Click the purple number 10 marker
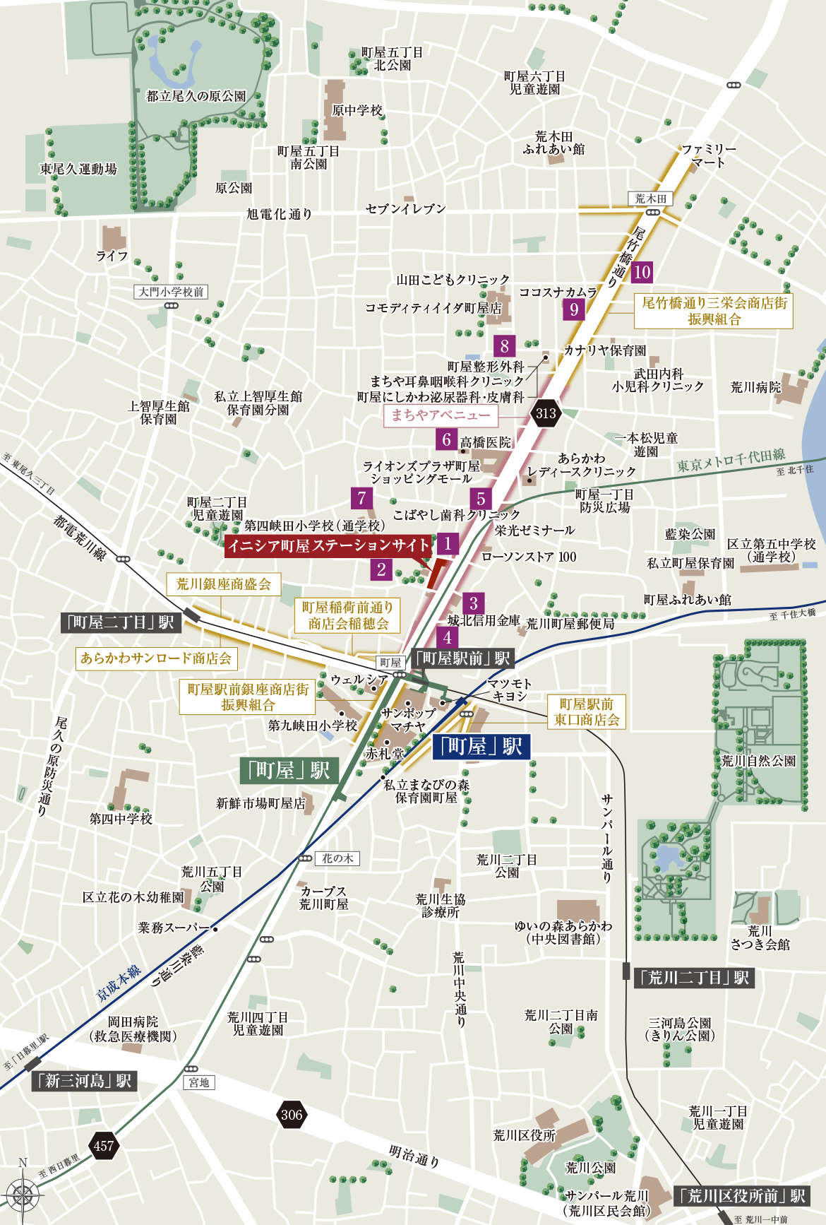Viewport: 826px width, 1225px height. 641,272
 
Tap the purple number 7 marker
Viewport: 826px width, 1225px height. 361,498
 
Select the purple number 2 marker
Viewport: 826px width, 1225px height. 381,569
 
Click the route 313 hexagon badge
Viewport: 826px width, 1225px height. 546,414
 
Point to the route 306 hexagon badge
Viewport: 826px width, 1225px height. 291,1115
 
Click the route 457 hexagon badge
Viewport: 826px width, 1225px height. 104,1146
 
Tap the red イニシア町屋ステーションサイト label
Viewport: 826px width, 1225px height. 328,545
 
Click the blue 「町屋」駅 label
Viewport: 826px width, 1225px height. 480,747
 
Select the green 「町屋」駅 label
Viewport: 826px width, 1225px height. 289,770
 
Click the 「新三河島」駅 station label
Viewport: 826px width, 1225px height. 85,1081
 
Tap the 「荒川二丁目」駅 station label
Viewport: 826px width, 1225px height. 695,978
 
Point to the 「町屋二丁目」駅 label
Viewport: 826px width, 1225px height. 121,622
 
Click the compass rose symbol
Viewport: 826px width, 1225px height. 23,1197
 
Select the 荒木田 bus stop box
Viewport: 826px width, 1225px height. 650,199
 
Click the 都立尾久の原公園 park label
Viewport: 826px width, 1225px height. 196,96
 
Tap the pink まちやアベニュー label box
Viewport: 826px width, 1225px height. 441,415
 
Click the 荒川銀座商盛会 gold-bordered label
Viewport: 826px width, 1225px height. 223,584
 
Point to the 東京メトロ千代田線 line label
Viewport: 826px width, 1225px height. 731,460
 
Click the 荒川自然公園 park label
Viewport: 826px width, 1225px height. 758,761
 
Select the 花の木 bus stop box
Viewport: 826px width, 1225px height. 337,858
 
